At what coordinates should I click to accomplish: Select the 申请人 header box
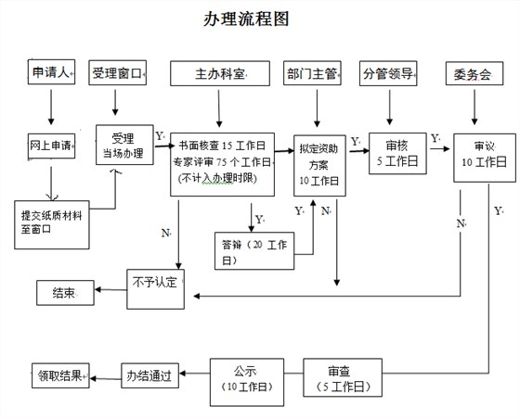click(50, 72)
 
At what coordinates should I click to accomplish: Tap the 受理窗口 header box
click(119, 72)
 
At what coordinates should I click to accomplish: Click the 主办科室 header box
click(221, 72)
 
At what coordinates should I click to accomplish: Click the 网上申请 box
click(51, 146)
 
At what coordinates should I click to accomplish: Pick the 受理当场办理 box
click(124, 146)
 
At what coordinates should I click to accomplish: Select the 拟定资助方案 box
click(318, 164)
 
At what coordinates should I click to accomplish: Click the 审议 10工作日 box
click(484, 155)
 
